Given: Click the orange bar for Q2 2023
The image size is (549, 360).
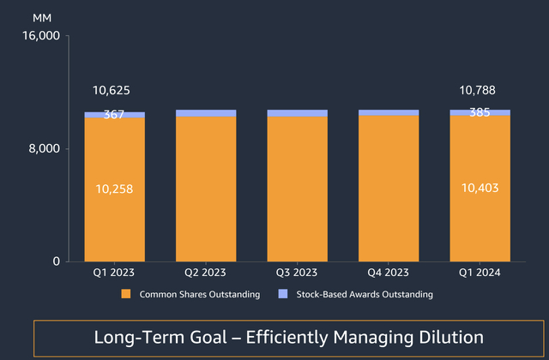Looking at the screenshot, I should pyautogui.click(x=206, y=189).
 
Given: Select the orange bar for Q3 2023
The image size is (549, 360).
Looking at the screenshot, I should pyautogui.click(x=297, y=189).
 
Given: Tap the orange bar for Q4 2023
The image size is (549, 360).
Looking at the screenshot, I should pyautogui.click(x=389, y=189).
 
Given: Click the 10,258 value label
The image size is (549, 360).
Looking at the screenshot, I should pyautogui.click(x=114, y=189).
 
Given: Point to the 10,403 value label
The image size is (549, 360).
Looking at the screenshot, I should pyautogui.click(x=480, y=189).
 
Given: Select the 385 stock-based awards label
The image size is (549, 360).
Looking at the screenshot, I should pyautogui.click(x=480, y=111).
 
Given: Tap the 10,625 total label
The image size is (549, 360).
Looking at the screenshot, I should pyautogui.click(x=114, y=90).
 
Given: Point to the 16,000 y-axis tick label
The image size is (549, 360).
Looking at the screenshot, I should pyautogui.click(x=39, y=36).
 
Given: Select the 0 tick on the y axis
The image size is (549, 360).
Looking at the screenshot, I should pyautogui.click(x=54, y=261).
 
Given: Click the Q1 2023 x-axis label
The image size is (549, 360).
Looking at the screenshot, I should pyautogui.click(x=114, y=273).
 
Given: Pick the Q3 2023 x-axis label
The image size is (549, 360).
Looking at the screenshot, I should pyautogui.click(x=297, y=273).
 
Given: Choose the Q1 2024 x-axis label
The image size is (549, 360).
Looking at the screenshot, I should pyautogui.click(x=480, y=273).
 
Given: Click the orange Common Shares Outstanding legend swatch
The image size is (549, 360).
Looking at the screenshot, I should pyautogui.click(x=125, y=294).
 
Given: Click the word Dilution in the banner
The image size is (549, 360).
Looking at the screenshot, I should pyautogui.click(x=441, y=338).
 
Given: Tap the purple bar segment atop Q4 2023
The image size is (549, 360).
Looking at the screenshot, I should pyautogui.click(x=389, y=112).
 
